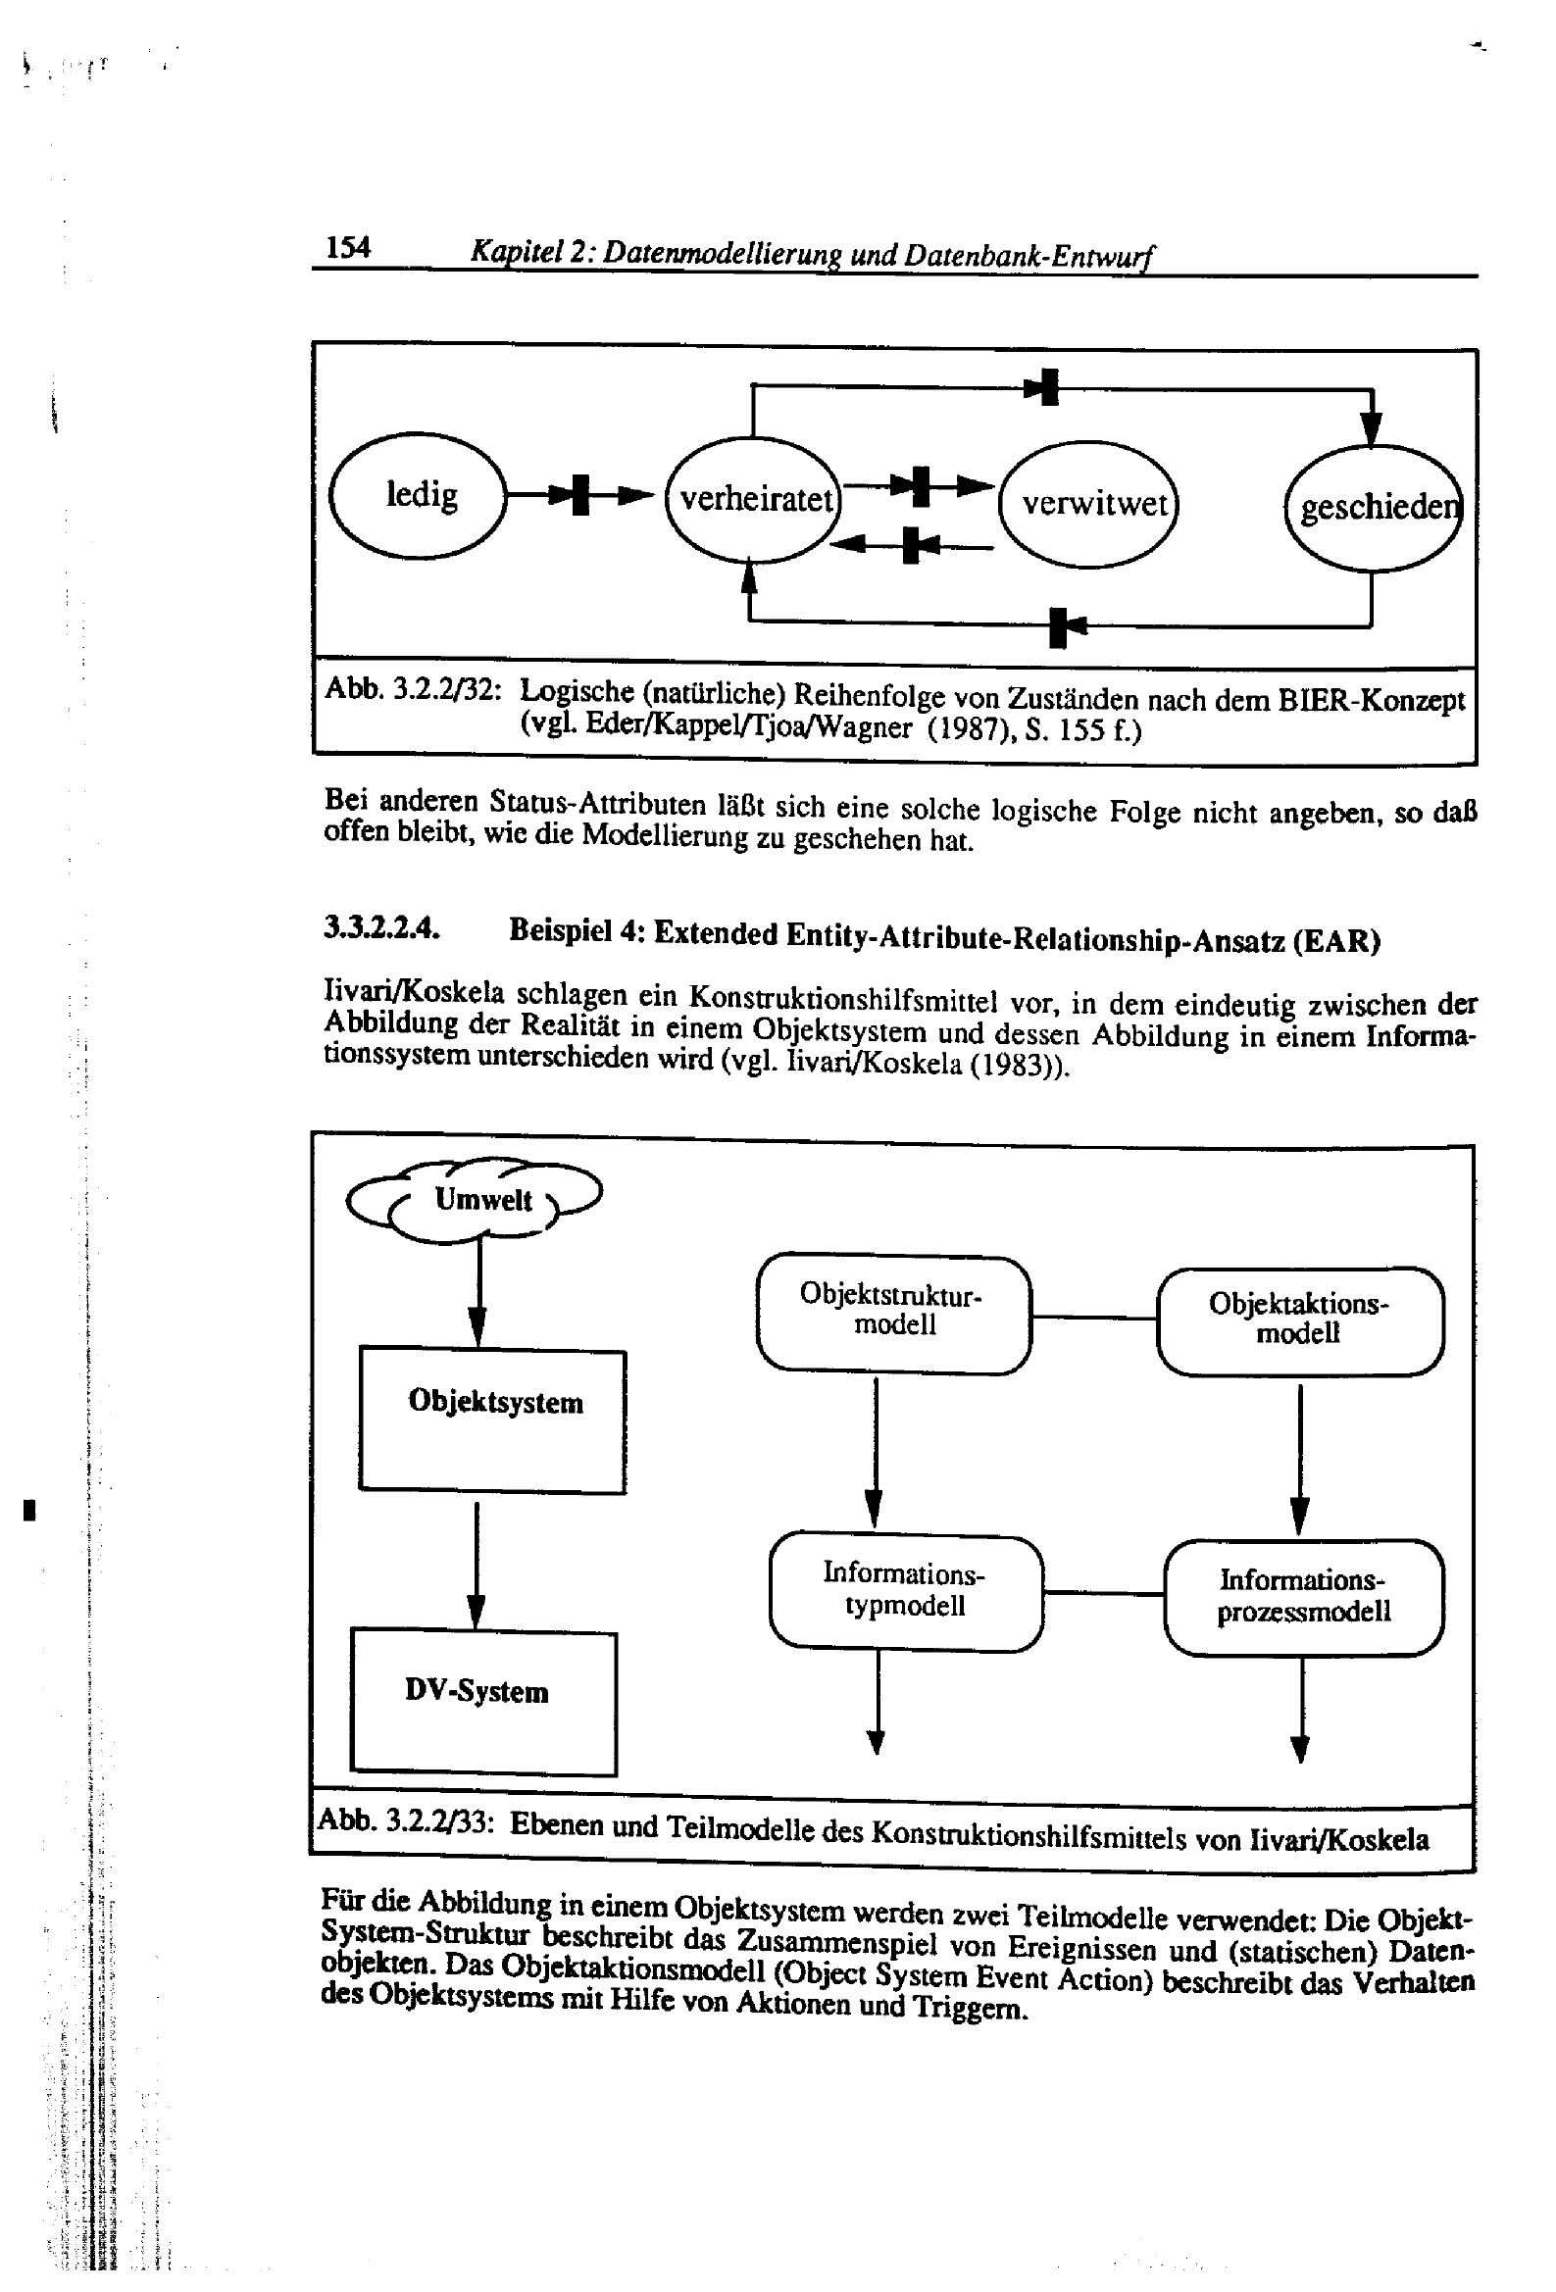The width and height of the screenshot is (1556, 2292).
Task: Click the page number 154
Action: pos(348,248)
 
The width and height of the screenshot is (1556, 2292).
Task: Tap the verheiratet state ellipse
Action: pos(753,500)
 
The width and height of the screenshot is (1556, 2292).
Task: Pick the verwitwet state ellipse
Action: pos(1089,504)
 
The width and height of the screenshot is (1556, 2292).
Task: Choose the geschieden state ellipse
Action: pos(1373,508)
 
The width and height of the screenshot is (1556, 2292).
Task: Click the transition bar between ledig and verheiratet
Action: pos(581,495)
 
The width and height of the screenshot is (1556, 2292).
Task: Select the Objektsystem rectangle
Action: pos(492,1420)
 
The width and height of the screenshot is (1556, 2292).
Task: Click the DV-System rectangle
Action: pos(483,1702)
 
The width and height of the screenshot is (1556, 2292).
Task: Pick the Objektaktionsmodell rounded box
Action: pos(1299,1320)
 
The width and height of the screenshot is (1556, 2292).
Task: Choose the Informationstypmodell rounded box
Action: pos(905,1591)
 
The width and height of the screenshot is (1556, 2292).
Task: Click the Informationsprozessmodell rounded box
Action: pos(1303,1597)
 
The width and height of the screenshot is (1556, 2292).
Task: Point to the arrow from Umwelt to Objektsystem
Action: pos(477,1292)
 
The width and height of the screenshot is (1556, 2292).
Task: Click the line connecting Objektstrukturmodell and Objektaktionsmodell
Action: pos(1093,1317)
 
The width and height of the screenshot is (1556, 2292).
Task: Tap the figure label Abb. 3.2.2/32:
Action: pos(409,689)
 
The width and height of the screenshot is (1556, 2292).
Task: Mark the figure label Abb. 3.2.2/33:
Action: pos(406,1821)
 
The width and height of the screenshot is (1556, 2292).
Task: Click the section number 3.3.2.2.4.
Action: pos(380,928)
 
